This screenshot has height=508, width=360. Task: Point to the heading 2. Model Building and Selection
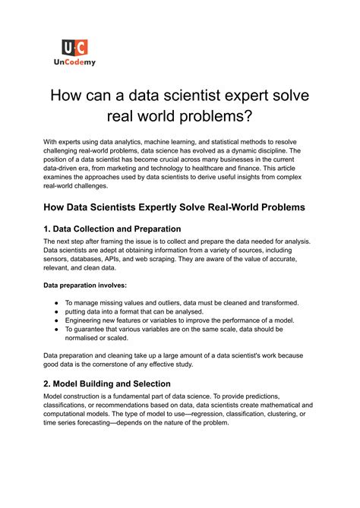[118, 383]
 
